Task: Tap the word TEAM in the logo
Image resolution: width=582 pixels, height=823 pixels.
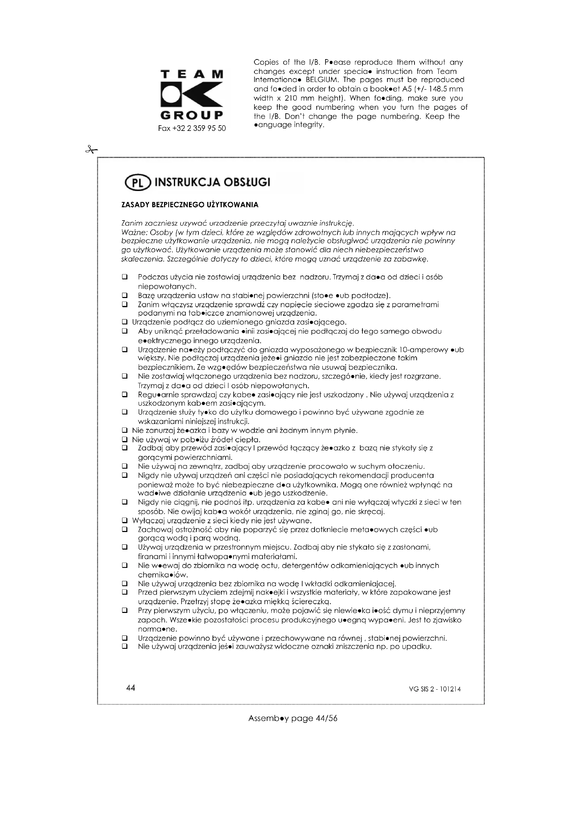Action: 192,74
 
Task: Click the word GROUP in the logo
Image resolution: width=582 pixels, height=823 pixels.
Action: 192,115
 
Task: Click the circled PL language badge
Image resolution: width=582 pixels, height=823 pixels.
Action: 137,183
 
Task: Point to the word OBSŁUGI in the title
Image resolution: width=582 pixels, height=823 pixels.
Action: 247,183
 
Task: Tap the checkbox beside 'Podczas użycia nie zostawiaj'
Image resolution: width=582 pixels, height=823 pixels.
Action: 125,277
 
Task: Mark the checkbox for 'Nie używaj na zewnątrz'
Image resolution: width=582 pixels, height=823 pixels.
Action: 125,466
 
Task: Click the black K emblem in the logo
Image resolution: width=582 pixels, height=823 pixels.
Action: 192,95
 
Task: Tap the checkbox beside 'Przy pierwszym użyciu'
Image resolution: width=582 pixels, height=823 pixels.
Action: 125,610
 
